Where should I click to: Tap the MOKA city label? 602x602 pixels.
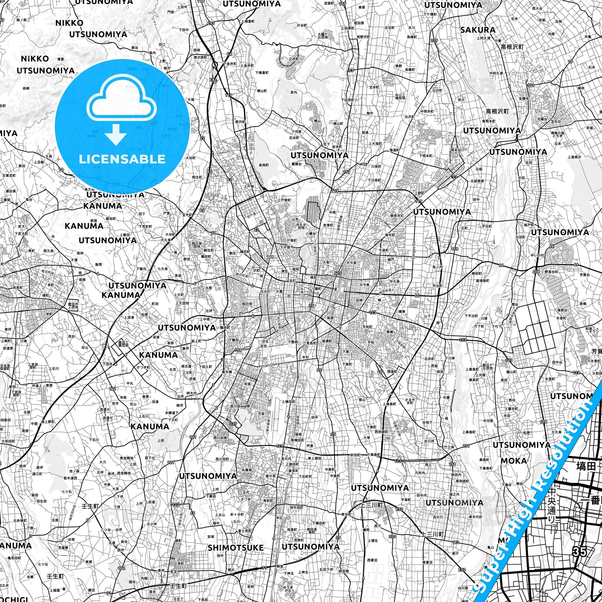click(x=514, y=461)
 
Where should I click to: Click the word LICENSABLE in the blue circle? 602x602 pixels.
click(x=122, y=159)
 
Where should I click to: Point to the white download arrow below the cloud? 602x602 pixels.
click(x=115, y=134)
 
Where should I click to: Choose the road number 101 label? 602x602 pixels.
click(x=531, y=85)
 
